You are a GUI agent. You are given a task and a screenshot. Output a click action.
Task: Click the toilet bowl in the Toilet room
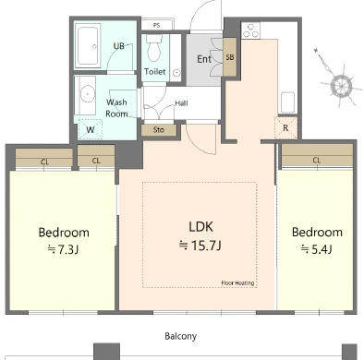(154, 49)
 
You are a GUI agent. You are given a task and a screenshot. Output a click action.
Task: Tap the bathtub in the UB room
(88, 45)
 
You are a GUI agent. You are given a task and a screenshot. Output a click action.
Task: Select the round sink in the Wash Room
(87, 94)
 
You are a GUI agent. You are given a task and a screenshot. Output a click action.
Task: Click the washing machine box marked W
(91, 129)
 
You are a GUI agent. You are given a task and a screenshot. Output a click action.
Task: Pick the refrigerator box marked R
(285, 127)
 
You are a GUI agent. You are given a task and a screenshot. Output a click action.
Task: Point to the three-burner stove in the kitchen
(250, 30)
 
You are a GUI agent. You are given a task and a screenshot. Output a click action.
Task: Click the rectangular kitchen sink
(288, 102)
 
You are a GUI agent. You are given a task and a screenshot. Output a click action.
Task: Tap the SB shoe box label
(230, 57)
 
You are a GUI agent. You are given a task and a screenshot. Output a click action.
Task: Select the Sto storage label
(159, 130)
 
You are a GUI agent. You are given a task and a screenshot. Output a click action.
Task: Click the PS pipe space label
(157, 25)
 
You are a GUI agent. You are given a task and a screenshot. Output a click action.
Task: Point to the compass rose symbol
(340, 84)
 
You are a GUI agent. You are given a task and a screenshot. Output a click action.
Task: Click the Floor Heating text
(237, 283)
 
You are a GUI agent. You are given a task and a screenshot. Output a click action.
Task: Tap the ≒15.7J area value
(200, 246)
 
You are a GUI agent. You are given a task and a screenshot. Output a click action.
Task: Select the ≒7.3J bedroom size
(63, 249)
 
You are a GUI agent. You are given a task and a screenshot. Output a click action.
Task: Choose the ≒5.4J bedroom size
(317, 249)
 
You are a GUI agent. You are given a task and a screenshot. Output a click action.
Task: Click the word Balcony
(181, 336)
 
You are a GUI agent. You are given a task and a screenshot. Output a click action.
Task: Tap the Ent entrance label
(204, 59)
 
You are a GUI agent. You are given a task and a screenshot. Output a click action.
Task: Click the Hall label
(181, 103)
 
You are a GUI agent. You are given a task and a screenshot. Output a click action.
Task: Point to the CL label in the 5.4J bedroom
(317, 160)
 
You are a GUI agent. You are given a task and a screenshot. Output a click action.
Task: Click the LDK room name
(200, 226)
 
